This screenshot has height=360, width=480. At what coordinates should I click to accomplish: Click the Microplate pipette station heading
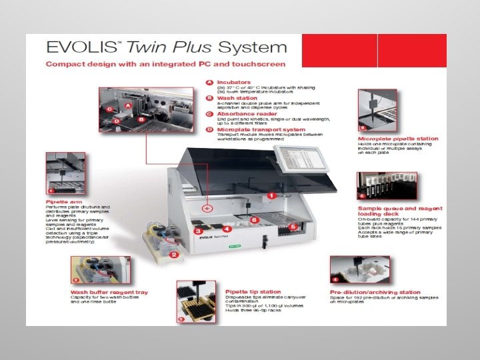398,139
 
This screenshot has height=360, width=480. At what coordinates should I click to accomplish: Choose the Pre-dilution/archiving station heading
375,292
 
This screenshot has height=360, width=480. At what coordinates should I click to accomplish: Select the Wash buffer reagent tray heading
109,292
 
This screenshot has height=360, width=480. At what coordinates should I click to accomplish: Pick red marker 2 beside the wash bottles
173,255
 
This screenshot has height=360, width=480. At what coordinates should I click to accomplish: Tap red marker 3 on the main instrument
199,230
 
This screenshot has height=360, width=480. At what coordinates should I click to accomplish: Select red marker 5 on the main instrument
292,227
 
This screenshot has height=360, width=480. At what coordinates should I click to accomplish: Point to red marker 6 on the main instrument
254,219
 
